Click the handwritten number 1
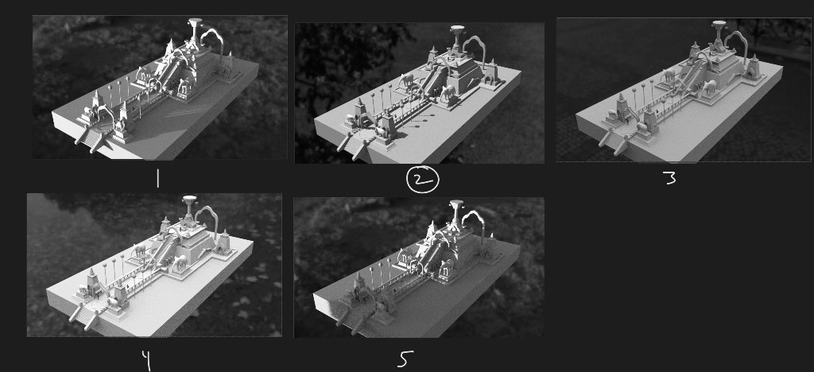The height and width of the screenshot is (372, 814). coord(157,179)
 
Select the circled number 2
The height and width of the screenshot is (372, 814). coord(423,180)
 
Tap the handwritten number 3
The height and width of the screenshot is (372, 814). coord(669,179)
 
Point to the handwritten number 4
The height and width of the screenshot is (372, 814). coord(146,360)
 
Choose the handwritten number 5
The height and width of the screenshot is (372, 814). coord(406,358)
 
